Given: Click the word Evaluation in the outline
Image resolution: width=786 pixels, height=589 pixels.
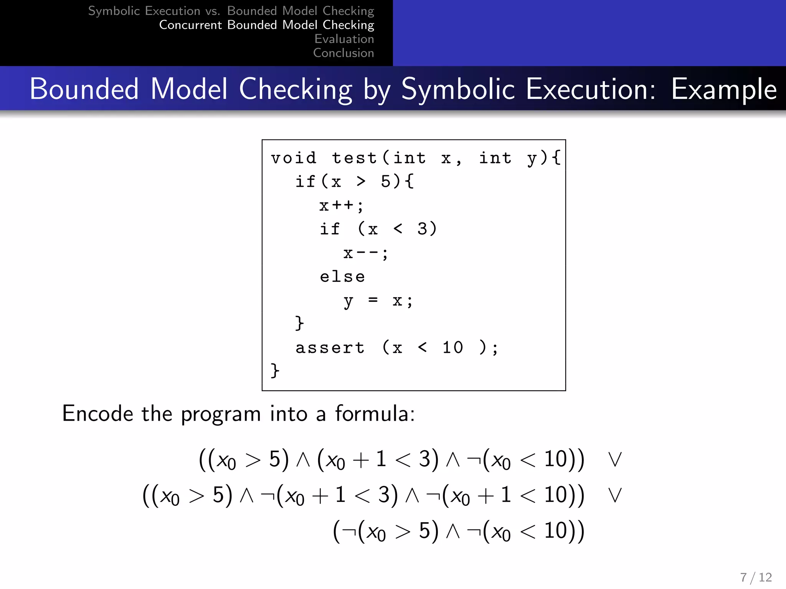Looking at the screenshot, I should pyautogui.click(x=344, y=39).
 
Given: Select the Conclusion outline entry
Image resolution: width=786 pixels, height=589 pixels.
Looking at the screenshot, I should pyautogui.click(x=343, y=53).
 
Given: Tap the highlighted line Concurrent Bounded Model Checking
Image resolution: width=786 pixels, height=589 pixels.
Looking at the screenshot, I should pyautogui.click(x=266, y=25).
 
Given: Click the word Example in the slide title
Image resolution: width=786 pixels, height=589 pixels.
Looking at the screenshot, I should pyautogui.click(x=724, y=89).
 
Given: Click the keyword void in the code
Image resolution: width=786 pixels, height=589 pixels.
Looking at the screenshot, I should pyautogui.click(x=294, y=158).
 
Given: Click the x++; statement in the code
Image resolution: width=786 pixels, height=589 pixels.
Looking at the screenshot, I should pyautogui.click(x=341, y=206).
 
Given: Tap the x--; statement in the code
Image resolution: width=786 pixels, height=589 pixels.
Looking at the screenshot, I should pyautogui.click(x=366, y=253).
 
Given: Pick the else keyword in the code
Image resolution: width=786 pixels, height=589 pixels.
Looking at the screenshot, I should pyautogui.click(x=342, y=276).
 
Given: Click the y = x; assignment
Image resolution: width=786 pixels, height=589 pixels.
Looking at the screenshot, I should pyautogui.click(x=378, y=301).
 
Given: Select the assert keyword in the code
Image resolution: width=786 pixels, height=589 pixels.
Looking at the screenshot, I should pyautogui.click(x=330, y=348).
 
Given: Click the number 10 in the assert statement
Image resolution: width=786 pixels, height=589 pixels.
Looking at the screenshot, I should pyautogui.click(x=453, y=347).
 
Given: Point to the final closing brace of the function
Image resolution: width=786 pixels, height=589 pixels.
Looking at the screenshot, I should pyautogui.click(x=275, y=371).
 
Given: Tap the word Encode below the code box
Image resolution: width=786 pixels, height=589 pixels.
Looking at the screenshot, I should pyautogui.click(x=97, y=414).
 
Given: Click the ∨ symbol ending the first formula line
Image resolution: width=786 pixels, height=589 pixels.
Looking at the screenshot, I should pyautogui.click(x=615, y=459).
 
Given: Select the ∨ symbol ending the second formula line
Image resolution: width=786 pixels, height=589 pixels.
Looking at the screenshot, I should pyautogui.click(x=615, y=495).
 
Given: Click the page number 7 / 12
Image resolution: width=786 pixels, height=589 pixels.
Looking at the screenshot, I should pyautogui.click(x=756, y=577).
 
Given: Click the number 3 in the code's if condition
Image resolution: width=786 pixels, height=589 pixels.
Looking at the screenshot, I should pyautogui.click(x=422, y=229).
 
